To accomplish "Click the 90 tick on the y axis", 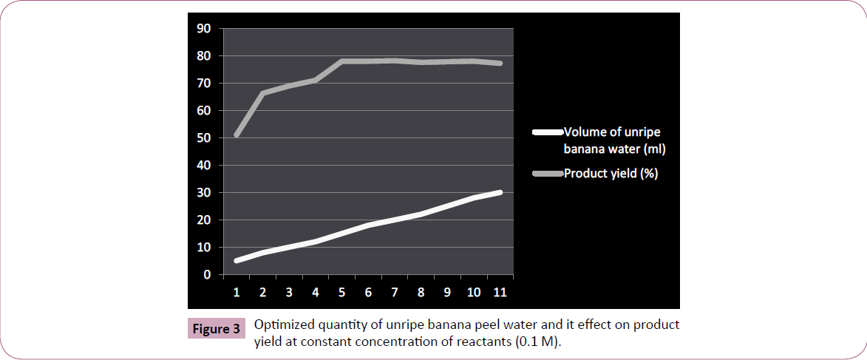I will point(203,29).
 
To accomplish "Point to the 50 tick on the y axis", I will point(203,138).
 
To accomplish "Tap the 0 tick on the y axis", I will point(207,275).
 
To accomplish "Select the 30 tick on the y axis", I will point(203,193).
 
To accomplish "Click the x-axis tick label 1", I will point(237,292).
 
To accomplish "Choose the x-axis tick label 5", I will point(341,292).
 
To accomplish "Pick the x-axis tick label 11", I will point(500,292).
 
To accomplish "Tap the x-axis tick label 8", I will point(421,292).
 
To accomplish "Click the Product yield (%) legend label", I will point(611,174).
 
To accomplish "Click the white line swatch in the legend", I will point(547,133).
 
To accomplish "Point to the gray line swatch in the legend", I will point(547,174).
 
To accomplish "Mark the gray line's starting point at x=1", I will point(237,135).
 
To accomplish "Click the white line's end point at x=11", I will point(500,193).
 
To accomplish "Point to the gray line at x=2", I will point(262,93).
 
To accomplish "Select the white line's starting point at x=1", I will point(237,261).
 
